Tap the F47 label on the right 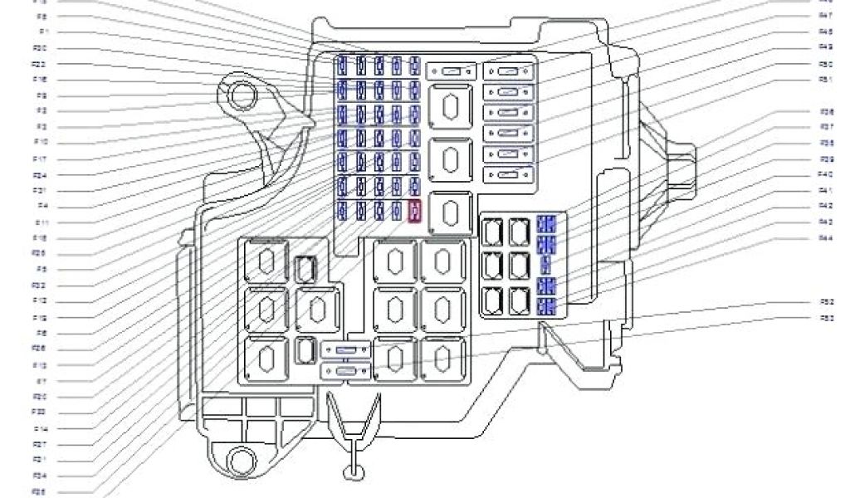tap(826, 16)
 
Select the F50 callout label tap(826, 64)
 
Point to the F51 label tap(826, 80)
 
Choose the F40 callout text tap(826, 174)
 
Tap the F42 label tap(826, 206)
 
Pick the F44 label tap(826, 238)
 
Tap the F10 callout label tap(40, 143)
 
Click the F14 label tap(40, 429)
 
